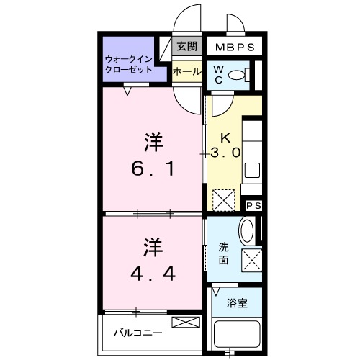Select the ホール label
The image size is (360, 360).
coord(187,72)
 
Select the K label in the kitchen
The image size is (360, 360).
coord(224,137)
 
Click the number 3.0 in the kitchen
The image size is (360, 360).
coord(225,153)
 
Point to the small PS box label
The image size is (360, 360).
coord(253,206)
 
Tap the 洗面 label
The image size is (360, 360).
coord(224,253)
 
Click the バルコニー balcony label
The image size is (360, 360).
coord(136,333)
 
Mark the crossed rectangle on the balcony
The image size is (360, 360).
coord(183,322)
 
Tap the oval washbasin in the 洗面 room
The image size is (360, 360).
coord(246,231)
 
